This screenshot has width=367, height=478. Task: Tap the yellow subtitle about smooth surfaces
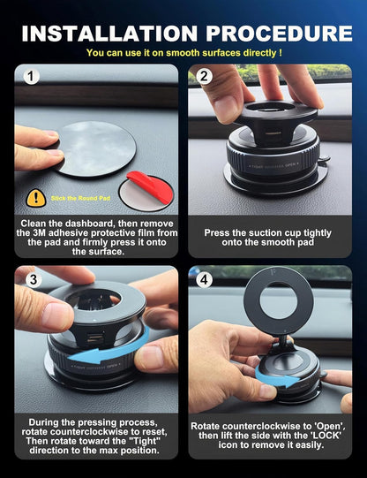(x=183, y=53)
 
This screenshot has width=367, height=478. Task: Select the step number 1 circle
(x=32, y=77)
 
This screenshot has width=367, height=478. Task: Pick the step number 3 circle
(x=32, y=279)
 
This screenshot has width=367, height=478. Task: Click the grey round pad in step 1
(x=94, y=149)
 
